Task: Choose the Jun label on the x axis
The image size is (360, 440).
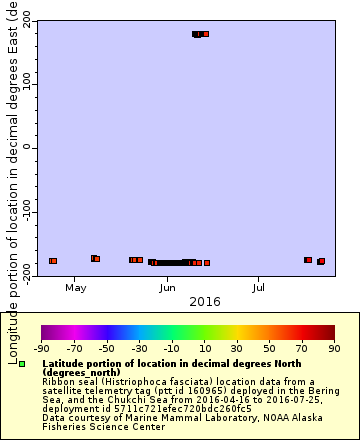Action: point(168,288)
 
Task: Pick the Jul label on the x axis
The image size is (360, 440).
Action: point(259,288)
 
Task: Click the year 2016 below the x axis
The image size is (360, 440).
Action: point(204,301)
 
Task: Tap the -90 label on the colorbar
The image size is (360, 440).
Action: point(41,348)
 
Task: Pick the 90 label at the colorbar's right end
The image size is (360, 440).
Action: point(334,348)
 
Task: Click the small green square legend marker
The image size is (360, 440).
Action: point(21,365)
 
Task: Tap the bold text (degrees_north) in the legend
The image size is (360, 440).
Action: point(80,372)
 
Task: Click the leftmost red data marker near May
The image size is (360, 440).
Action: point(53,261)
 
